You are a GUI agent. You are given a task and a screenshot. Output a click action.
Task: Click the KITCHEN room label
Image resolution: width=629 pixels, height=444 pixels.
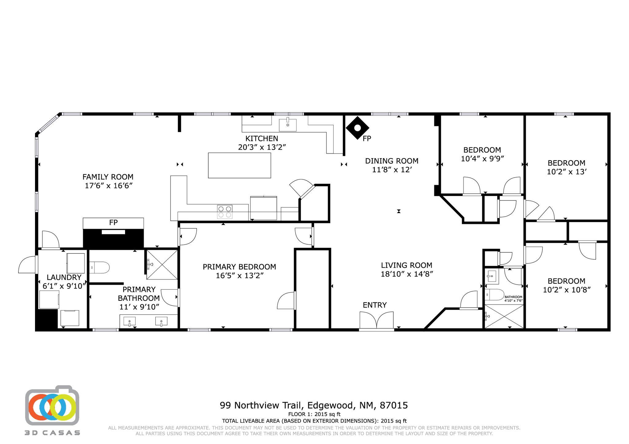262,139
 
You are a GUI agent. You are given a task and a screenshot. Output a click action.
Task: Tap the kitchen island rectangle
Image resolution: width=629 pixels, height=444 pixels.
239,165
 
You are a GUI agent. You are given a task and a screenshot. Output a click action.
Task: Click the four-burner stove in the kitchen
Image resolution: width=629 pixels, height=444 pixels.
225,212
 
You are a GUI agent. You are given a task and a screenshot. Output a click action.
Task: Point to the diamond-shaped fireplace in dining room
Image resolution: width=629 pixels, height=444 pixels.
357,128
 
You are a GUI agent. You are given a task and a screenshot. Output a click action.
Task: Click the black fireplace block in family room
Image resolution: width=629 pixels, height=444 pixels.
113,238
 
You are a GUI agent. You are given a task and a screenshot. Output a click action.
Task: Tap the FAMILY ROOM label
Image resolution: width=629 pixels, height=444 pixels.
108,177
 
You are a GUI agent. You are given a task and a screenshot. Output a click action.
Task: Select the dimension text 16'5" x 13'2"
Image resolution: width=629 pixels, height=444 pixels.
240,276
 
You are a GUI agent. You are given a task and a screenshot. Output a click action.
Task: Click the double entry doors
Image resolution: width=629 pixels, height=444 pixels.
377,321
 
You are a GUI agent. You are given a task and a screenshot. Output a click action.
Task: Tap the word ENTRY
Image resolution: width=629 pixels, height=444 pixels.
375,305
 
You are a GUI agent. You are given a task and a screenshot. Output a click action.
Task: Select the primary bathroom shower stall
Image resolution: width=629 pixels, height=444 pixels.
162,264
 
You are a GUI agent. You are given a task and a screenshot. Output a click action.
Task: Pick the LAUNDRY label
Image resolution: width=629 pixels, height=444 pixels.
64,277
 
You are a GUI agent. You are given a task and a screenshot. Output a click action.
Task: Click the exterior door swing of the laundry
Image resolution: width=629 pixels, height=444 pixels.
27,265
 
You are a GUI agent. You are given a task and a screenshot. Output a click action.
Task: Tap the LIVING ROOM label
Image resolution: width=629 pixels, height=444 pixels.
406,265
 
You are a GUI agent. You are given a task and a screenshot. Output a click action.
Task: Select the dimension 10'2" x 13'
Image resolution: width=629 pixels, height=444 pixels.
566,172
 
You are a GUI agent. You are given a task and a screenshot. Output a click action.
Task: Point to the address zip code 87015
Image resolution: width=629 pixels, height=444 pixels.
394,405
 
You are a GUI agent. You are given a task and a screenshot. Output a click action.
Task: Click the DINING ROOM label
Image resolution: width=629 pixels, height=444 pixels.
392,161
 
